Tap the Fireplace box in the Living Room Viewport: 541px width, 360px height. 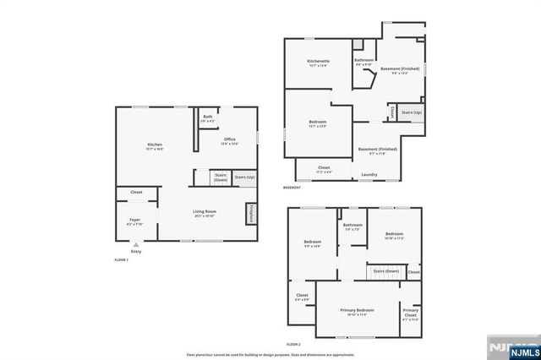pos(251,214)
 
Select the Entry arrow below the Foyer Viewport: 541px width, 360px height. pos(135,245)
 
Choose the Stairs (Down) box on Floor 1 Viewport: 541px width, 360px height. pos(221,177)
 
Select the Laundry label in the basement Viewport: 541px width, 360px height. pos(369,174)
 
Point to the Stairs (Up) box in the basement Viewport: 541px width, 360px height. pos(412,112)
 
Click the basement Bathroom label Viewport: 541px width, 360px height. pos(364,60)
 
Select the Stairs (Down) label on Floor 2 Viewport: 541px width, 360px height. pos(386,271)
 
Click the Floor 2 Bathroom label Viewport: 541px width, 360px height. pos(352,226)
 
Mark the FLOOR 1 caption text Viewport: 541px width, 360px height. pos(122,260)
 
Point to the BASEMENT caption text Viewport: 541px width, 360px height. pos(292,188)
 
